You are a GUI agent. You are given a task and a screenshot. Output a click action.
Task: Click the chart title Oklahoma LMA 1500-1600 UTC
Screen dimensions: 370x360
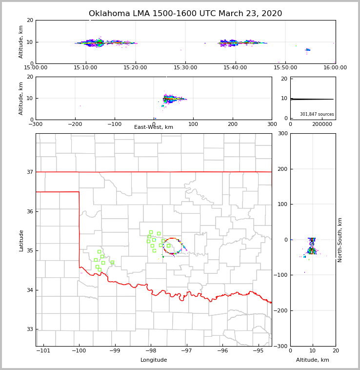tap(185, 14)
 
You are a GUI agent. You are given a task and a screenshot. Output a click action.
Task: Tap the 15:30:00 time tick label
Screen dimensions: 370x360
tap(185, 68)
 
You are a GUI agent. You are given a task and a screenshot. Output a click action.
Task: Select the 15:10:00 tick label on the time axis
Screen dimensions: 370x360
tap(85, 68)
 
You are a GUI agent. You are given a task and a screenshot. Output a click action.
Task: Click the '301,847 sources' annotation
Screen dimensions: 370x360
tap(317, 114)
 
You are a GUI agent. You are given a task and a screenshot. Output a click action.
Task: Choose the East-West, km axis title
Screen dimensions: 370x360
tap(154, 127)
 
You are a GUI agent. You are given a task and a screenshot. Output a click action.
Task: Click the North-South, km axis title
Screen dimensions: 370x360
tap(340, 240)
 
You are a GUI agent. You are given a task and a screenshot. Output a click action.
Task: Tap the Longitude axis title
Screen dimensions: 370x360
tap(154, 360)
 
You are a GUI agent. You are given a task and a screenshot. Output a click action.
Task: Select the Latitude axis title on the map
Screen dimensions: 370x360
tap(21, 240)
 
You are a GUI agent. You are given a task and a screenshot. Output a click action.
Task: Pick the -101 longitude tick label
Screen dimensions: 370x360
tap(43, 350)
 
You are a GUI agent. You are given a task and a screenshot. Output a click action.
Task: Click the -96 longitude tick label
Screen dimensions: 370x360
tap(222, 350)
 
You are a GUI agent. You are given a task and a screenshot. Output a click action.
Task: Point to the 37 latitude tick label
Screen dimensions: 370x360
tap(30, 172)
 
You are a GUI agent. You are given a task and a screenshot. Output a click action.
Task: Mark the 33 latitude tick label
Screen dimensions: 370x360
tap(30, 329)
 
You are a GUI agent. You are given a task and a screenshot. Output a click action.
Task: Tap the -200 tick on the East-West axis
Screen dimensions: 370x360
tap(75, 124)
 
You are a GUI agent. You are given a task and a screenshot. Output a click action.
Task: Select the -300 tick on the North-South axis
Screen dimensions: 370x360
tap(281, 346)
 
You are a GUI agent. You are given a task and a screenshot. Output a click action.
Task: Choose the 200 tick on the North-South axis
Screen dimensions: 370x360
tap(282, 169)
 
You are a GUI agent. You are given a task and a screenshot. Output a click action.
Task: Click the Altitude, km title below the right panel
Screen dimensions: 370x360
tap(313, 360)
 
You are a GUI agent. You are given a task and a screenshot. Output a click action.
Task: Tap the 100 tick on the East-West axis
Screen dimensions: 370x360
tap(193, 124)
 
